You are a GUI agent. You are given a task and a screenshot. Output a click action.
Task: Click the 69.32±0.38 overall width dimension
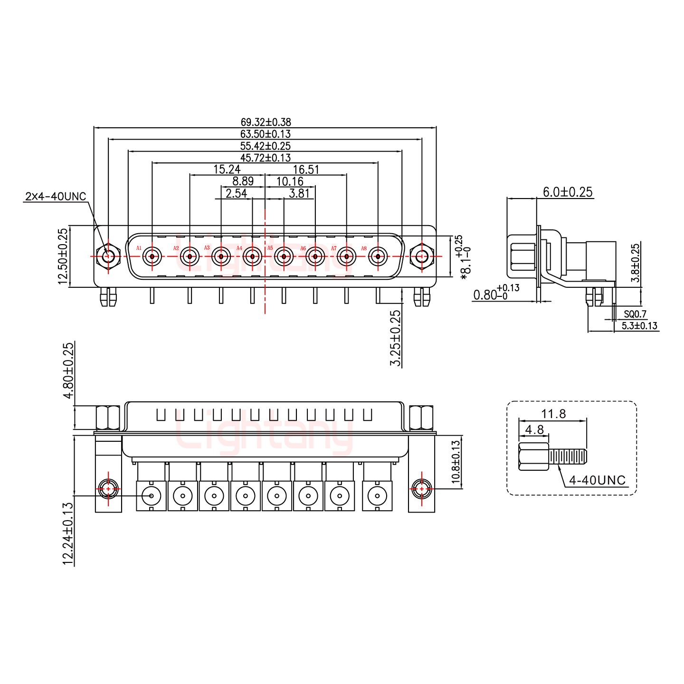click(266, 123)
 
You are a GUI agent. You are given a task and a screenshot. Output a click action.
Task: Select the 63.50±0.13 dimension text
click(266, 134)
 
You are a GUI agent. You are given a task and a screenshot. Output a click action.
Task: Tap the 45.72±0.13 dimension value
click(266, 157)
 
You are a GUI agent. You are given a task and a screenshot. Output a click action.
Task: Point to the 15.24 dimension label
click(227, 169)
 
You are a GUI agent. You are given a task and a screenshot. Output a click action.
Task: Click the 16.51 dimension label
click(305, 170)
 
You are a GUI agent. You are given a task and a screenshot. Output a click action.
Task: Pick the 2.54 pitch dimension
click(236, 193)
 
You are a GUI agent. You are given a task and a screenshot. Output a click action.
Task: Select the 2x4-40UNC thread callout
click(55, 196)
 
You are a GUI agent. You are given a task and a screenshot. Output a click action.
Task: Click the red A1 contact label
click(139, 248)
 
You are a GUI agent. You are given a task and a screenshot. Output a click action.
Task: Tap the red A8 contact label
click(364, 248)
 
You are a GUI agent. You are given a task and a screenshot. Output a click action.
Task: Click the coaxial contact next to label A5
click(283, 257)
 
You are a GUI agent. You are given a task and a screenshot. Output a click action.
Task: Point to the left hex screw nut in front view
click(108, 257)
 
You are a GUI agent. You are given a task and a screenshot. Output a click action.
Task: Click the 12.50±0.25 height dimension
click(63, 256)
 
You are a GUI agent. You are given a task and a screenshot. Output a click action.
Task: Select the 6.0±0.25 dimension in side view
click(568, 192)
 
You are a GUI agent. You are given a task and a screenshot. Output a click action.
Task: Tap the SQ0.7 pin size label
click(635, 314)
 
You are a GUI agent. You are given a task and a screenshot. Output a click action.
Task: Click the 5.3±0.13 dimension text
click(639, 325)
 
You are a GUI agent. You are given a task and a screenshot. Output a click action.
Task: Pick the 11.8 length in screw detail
click(553, 414)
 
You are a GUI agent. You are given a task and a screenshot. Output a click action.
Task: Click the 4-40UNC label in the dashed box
click(597, 480)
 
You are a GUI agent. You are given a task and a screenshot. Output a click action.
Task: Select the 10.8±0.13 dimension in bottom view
click(456, 462)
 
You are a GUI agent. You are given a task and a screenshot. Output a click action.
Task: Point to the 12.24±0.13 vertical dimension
click(68, 533)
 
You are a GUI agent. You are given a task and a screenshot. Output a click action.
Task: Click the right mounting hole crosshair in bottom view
click(420, 489)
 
